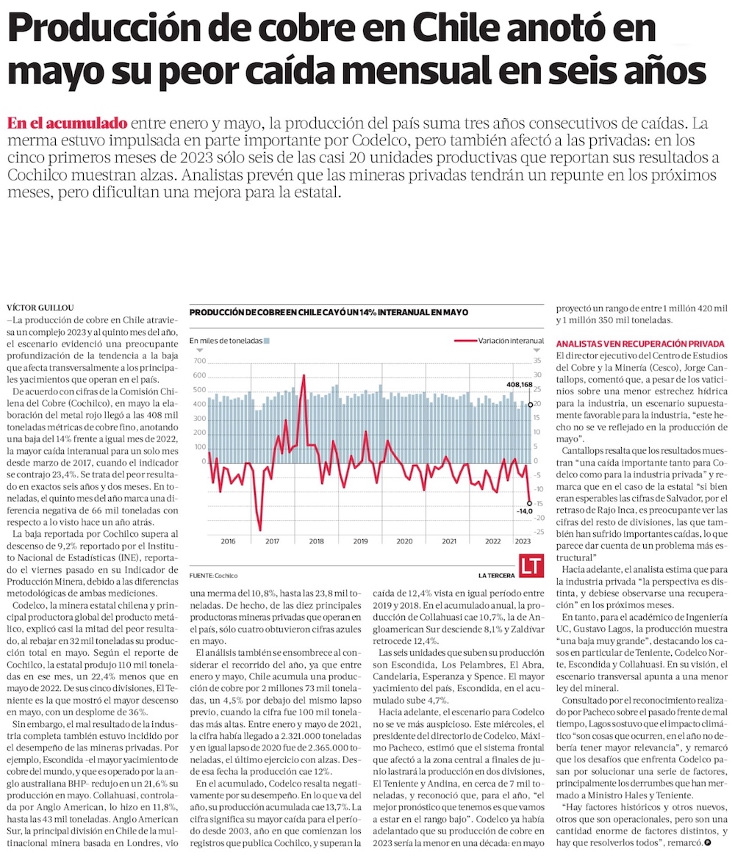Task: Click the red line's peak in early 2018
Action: (304, 375)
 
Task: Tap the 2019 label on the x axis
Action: (361, 541)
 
